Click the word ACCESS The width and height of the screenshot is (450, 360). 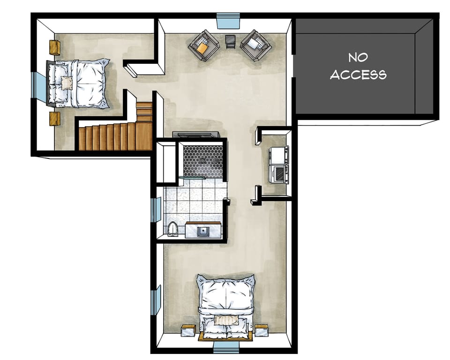click(358, 75)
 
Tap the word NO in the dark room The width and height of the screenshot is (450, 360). click(358, 58)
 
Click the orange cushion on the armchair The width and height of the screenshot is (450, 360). click(202, 46)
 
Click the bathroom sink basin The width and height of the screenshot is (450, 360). click(203, 231)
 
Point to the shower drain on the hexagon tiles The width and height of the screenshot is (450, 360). click(202, 160)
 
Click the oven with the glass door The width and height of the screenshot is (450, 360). click(279, 173)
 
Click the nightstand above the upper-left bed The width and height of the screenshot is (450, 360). click(55, 47)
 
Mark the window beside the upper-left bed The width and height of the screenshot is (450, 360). click(39, 86)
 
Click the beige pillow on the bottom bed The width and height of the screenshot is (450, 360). click(227, 320)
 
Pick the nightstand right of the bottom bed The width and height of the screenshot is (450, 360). click(262, 330)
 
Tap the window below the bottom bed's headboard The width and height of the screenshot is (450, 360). click(227, 347)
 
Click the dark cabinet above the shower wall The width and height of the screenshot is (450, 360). click(196, 135)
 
